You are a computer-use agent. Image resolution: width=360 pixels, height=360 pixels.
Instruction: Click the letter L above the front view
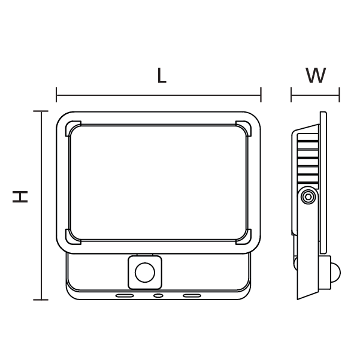pos(161,76)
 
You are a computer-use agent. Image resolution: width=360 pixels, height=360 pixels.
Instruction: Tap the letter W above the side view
pos(316,76)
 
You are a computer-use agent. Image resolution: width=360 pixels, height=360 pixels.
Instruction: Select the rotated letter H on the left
pos(21,196)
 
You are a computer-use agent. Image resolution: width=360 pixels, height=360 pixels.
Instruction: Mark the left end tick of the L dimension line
pos(56,94)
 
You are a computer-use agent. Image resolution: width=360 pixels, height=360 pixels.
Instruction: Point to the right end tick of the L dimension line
pos(261,94)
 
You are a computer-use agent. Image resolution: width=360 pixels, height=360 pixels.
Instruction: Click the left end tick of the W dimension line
pos(292,94)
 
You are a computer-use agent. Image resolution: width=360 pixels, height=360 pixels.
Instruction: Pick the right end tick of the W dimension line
pos(339,94)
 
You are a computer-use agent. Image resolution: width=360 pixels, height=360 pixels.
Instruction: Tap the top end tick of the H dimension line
pos(41,111)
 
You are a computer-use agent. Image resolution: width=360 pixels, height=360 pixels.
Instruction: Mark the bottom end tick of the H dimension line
pos(41,299)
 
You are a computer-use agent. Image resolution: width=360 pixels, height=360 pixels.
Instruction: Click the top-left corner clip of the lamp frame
pos(72,128)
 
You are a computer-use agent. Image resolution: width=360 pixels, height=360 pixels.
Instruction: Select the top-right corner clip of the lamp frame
pos(244,128)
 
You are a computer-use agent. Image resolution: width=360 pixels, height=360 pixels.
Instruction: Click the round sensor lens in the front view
pos(144,273)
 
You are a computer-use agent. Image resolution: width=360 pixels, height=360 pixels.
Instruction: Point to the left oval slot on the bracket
pos(125,295)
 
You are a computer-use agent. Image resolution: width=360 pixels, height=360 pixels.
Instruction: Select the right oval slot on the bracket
pos(192,295)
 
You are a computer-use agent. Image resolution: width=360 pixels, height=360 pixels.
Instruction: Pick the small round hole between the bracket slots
pos(158,295)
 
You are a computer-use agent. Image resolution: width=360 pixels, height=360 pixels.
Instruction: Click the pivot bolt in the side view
pos(308,196)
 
